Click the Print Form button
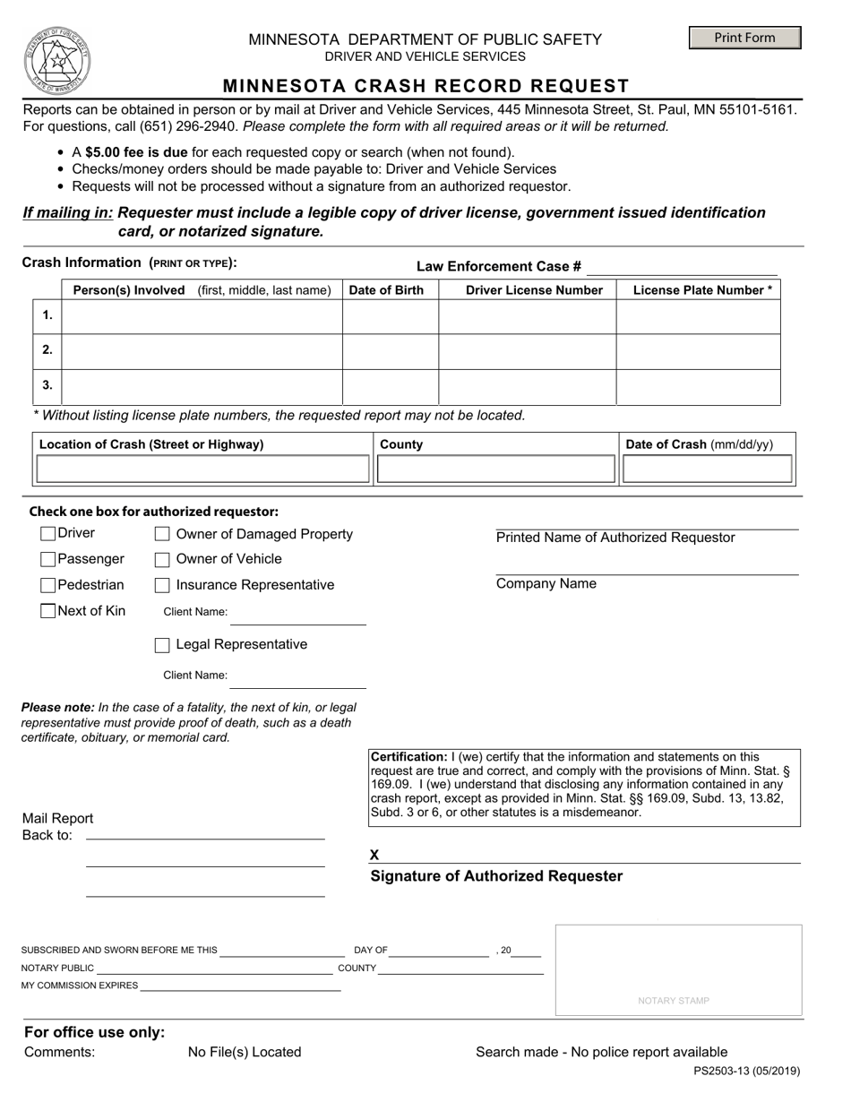pos(744,38)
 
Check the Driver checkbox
pos(48,534)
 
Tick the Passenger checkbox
pos(48,559)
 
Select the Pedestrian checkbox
pos(48,585)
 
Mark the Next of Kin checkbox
pos(48,611)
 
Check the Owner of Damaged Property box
pos(162,534)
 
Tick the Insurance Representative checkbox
pos(162,585)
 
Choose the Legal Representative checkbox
pos(162,645)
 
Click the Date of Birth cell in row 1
pos(390,316)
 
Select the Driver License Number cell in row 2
pos(527,350)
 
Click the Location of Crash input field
pos(202,469)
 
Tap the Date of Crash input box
pos(707,469)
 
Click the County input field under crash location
pos(495,469)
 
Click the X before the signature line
pos(374,855)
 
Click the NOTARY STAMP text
pos(673,1001)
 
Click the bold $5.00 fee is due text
pos(136,152)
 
